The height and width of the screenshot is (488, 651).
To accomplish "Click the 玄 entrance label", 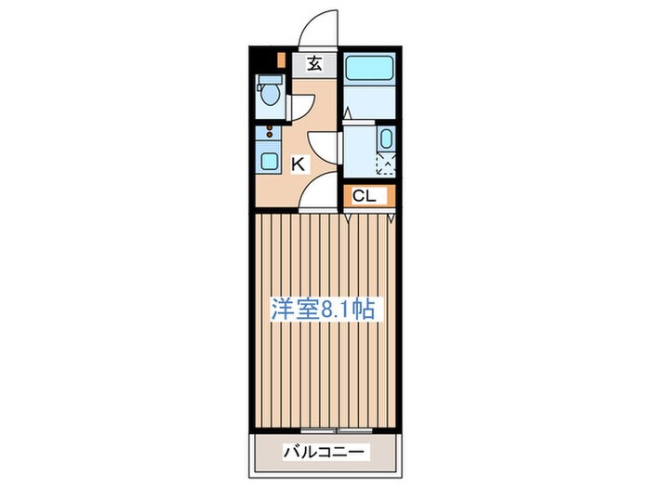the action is point(314,63).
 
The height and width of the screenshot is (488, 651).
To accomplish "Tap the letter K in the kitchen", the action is point(299,165).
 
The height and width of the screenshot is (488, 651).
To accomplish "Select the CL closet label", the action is point(364,195).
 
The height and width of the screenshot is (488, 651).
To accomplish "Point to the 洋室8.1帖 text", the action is point(323,309).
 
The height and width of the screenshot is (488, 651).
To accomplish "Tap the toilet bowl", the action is point(270,94).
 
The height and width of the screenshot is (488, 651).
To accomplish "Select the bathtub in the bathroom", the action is point(369,67).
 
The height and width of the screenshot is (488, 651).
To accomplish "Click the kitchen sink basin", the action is point(269,161).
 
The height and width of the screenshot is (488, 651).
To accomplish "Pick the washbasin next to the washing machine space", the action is point(386,138).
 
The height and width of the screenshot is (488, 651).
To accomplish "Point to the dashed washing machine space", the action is point(386,165).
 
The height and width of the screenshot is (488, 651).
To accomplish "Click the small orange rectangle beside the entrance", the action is point(282,59).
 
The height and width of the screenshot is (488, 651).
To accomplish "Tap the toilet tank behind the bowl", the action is point(270,80).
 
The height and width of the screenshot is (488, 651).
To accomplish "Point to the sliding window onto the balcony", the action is point(337,430).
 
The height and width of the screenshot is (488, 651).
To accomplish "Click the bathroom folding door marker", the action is point(349,113).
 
